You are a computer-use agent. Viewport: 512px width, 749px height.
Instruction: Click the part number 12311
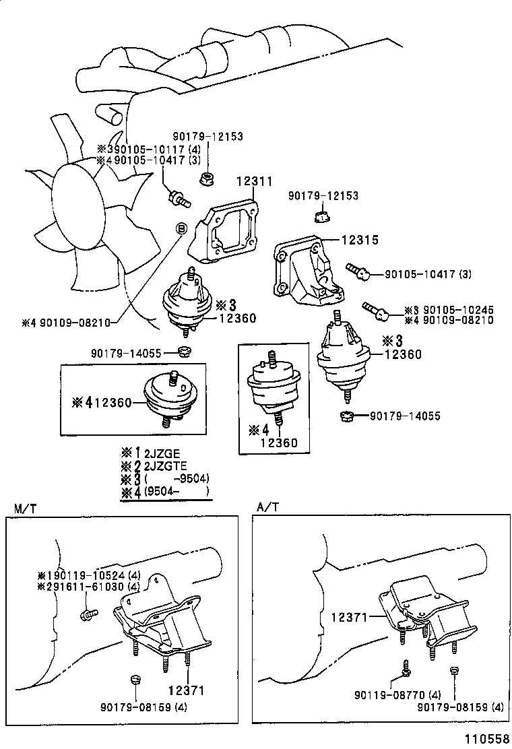[254, 181]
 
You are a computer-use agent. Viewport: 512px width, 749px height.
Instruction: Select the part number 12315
[360, 240]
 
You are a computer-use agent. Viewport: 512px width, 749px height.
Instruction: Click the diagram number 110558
[484, 740]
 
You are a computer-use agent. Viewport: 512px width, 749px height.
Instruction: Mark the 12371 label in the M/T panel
[187, 691]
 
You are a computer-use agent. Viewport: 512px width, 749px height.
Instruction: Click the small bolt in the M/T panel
[88, 614]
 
